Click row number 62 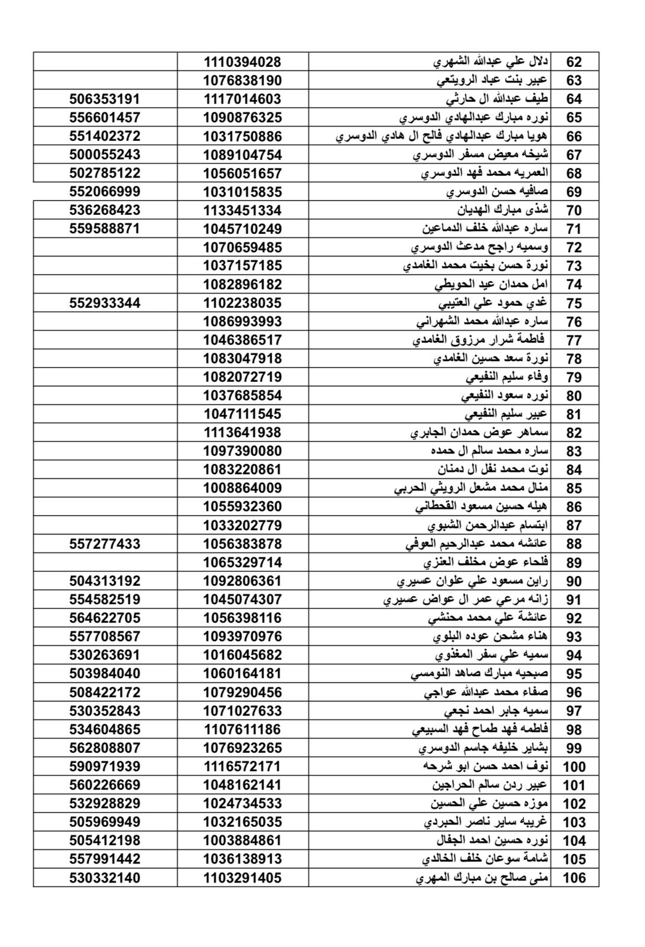(574, 62)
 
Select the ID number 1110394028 (243, 62)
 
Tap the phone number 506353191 (105, 99)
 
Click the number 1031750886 (243, 136)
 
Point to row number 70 (574, 211)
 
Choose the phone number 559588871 (105, 228)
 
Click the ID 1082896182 (243, 284)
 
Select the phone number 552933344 (105, 303)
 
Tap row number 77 (574, 340)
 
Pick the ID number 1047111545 (243, 414)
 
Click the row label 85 (574, 488)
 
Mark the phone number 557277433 (105, 543)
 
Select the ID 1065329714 (243, 562)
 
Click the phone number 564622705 (105, 618)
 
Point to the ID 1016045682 (243, 655)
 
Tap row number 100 (574, 767)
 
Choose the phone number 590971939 (105, 766)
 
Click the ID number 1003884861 (243, 840)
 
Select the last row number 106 (574, 878)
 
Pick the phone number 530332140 (105, 878)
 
